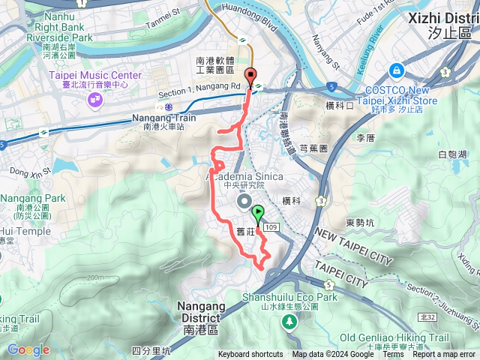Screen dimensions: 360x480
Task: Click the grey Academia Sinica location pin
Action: click(244, 201)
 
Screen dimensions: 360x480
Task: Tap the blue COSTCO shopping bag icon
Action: click(395, 70)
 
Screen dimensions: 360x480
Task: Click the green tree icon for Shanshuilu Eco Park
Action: click(289, 321)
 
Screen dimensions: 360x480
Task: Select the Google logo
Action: click(28, 350)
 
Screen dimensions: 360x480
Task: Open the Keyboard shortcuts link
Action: click(250, 355)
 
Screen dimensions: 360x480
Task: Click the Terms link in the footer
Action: click(392, 355)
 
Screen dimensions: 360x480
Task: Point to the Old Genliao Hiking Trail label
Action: click(404, 337)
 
